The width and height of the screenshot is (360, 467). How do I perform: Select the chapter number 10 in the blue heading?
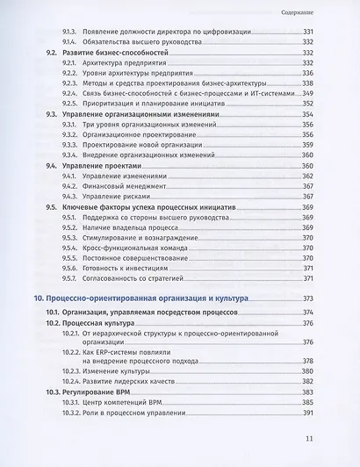(39, 299)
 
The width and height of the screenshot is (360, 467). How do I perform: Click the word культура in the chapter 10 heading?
(224, 299)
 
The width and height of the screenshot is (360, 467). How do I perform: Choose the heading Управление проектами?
(104, 165)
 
